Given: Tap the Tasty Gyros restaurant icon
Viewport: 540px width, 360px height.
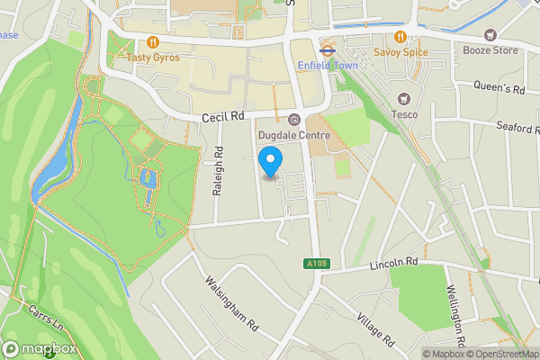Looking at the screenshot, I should point(154,41).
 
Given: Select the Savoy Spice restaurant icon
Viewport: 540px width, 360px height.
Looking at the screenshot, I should point(400,39).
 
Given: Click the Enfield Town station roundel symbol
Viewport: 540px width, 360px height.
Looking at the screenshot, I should point(328,50).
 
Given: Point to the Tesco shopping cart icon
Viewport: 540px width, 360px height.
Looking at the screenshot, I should point(403,98).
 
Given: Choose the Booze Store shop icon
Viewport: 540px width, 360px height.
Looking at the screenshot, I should point(490,35).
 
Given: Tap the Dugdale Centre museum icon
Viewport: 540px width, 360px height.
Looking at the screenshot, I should point(294,120).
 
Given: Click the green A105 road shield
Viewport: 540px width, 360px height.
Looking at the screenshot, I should point(310,263).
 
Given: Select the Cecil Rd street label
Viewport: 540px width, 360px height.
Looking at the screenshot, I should point(224,117).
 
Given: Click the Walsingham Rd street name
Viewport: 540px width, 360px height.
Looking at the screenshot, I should point(232,304).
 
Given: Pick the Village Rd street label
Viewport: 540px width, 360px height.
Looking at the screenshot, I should point(375,330).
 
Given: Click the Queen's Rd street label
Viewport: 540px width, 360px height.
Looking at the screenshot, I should point(500,88).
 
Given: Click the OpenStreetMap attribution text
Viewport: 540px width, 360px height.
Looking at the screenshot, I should point(502,354).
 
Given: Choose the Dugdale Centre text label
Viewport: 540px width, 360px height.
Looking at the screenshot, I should point(294,135).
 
